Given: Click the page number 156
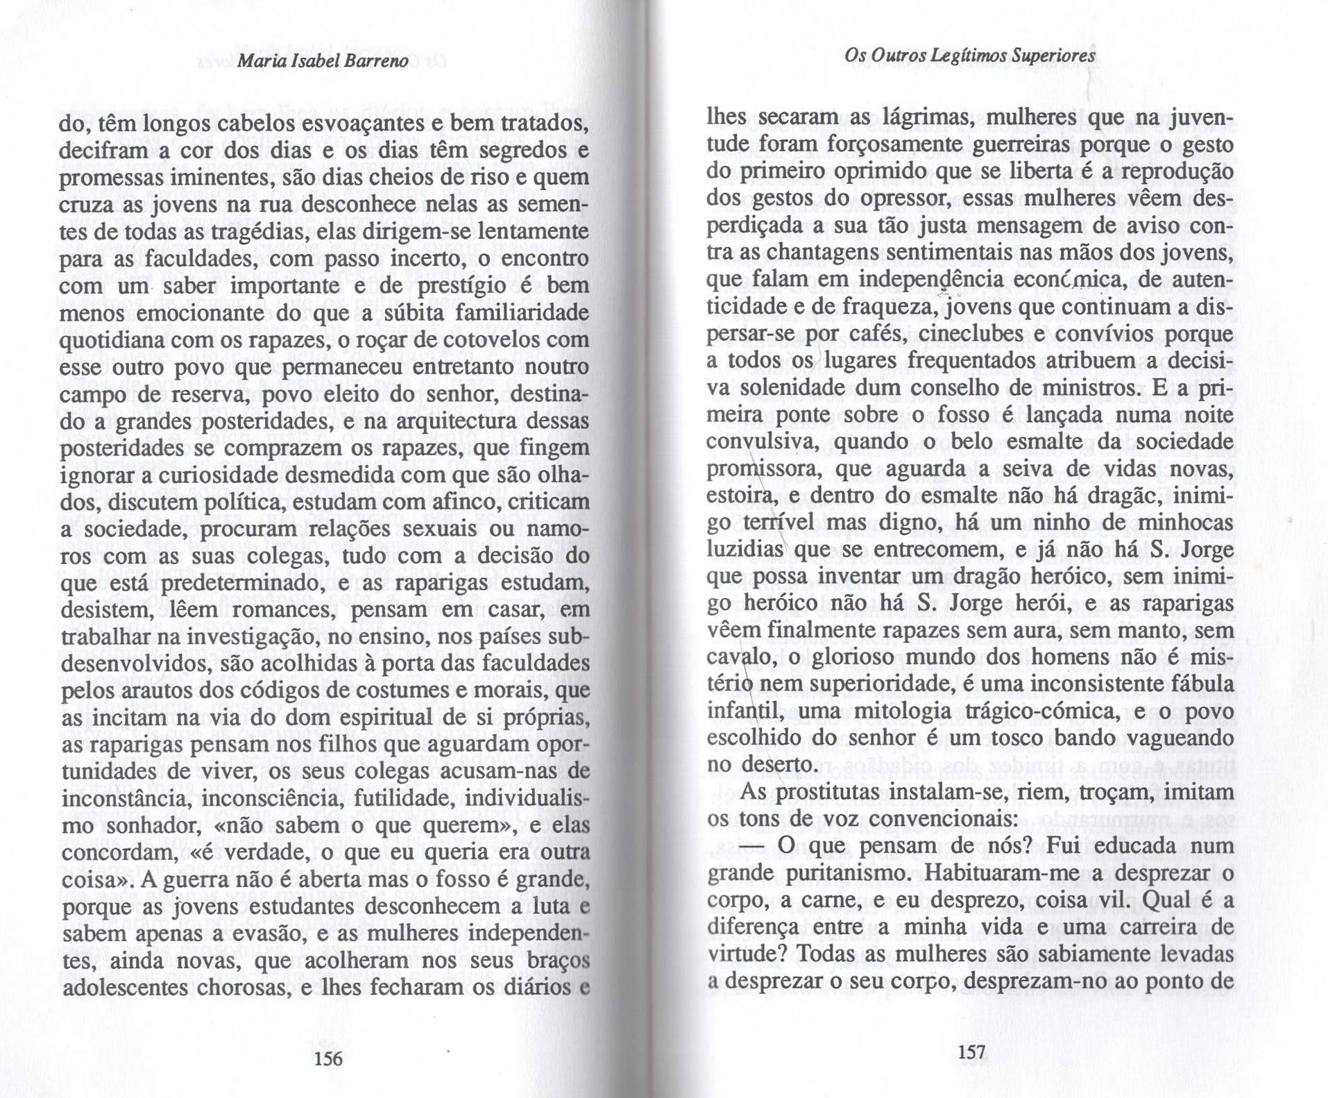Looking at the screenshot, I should [328, 1058].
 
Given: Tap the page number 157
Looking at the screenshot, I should [971, 1052].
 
